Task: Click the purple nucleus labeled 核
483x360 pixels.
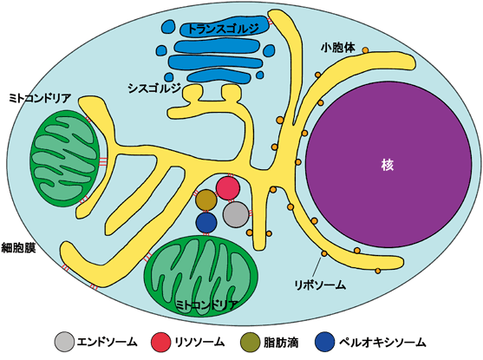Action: click(x=388, y=165)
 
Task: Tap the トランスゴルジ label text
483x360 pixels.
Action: click(x=223, y=29)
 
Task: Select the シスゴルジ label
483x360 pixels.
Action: click(x=154, y=88)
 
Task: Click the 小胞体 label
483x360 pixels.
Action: click(x=338, y=48)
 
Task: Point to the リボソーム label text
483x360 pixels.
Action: click(x=320, y=285)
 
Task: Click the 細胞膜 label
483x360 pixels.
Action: click(x=18, y=247)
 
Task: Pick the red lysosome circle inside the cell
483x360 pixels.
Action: click(x=228, y=188)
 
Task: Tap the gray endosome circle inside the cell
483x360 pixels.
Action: click(x=236, y=214)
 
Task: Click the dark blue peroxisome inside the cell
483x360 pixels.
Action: click(x=206, y=223)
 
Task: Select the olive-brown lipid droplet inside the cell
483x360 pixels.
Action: click(x=206, y=200)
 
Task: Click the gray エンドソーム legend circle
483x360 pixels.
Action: click(x=64, y=342)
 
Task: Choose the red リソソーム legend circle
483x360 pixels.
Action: click(x=160, y=342)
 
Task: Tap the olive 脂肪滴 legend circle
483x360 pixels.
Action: click(x=250, y=342)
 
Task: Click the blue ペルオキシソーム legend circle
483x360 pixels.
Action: click(x=325, y=342)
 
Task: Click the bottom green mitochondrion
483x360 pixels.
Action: click(x=201, y=277)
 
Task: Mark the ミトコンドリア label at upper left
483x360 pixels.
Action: click(x=40, y=98)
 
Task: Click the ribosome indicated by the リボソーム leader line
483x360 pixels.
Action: click(x=324, y=253)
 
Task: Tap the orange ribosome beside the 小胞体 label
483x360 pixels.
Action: click(x=365, y=50)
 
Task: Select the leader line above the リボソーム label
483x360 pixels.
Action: click(x=317, y=267)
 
